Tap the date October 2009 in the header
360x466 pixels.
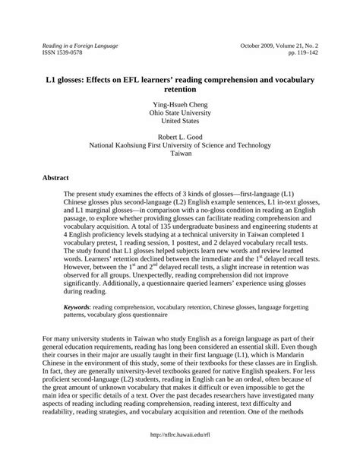tap(257, 46)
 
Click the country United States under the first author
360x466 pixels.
tap(180, 119)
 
